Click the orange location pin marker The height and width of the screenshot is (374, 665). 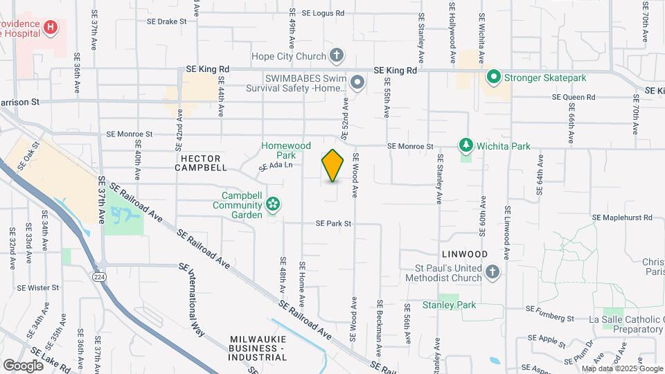(x=333, y=166)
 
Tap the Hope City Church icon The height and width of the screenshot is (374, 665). (x=336, y=55)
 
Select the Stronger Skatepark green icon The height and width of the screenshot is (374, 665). (x=494, y=77)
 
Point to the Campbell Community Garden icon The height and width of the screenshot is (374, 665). (x=273, y=204)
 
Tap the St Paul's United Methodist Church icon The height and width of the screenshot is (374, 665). (x=493, y=271)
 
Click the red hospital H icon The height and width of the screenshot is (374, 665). (x=50, y=28)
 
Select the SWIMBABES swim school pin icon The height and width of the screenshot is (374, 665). (x=357, y=83)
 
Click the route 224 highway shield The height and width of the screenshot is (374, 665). (x=101, y=275)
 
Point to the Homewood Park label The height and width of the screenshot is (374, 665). (x=286, y=150)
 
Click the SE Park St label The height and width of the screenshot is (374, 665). (x=334, y=224)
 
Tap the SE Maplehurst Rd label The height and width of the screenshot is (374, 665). (x=622, y=217)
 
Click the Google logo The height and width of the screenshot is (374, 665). (x=24, y=365)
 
